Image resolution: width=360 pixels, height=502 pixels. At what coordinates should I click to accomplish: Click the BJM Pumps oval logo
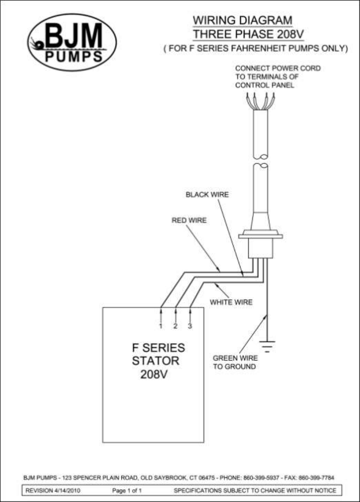click(72, 42)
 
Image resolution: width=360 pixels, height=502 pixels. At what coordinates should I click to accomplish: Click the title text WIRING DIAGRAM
click(242, 20)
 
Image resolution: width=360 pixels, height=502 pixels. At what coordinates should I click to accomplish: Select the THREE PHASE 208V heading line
click(248, 34)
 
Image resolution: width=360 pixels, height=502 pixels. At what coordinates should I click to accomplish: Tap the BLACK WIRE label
click(207, 195)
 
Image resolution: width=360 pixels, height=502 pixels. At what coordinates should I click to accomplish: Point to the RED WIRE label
click(189, 220)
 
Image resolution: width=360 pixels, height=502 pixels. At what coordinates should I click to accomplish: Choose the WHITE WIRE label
click(231, 302)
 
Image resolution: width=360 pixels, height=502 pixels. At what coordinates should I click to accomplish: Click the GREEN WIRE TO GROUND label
click(235, 362)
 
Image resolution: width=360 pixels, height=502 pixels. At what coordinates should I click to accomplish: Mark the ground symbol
click(267, 347)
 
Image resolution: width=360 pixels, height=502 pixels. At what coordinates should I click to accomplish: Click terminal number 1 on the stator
click(161, 326)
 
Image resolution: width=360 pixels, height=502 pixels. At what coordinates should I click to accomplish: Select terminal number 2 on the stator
click(175, 326)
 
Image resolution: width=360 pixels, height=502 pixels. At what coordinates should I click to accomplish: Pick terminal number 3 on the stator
click(190, 326)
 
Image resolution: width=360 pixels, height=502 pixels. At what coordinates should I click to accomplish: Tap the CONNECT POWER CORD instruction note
click(278, 77)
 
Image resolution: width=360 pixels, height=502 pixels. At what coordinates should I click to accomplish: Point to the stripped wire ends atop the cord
click(261, 101)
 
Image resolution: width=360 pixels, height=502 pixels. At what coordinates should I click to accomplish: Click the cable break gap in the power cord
click(261, 161)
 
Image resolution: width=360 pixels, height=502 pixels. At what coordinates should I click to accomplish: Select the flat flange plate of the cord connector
click(261, 237)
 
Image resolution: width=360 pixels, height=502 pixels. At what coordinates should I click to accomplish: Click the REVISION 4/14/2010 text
click(53, 491)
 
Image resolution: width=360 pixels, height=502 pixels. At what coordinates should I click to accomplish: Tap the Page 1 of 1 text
click(127, 491)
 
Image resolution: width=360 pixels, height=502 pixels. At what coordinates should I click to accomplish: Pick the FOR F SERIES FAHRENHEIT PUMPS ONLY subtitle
click(256, 49)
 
